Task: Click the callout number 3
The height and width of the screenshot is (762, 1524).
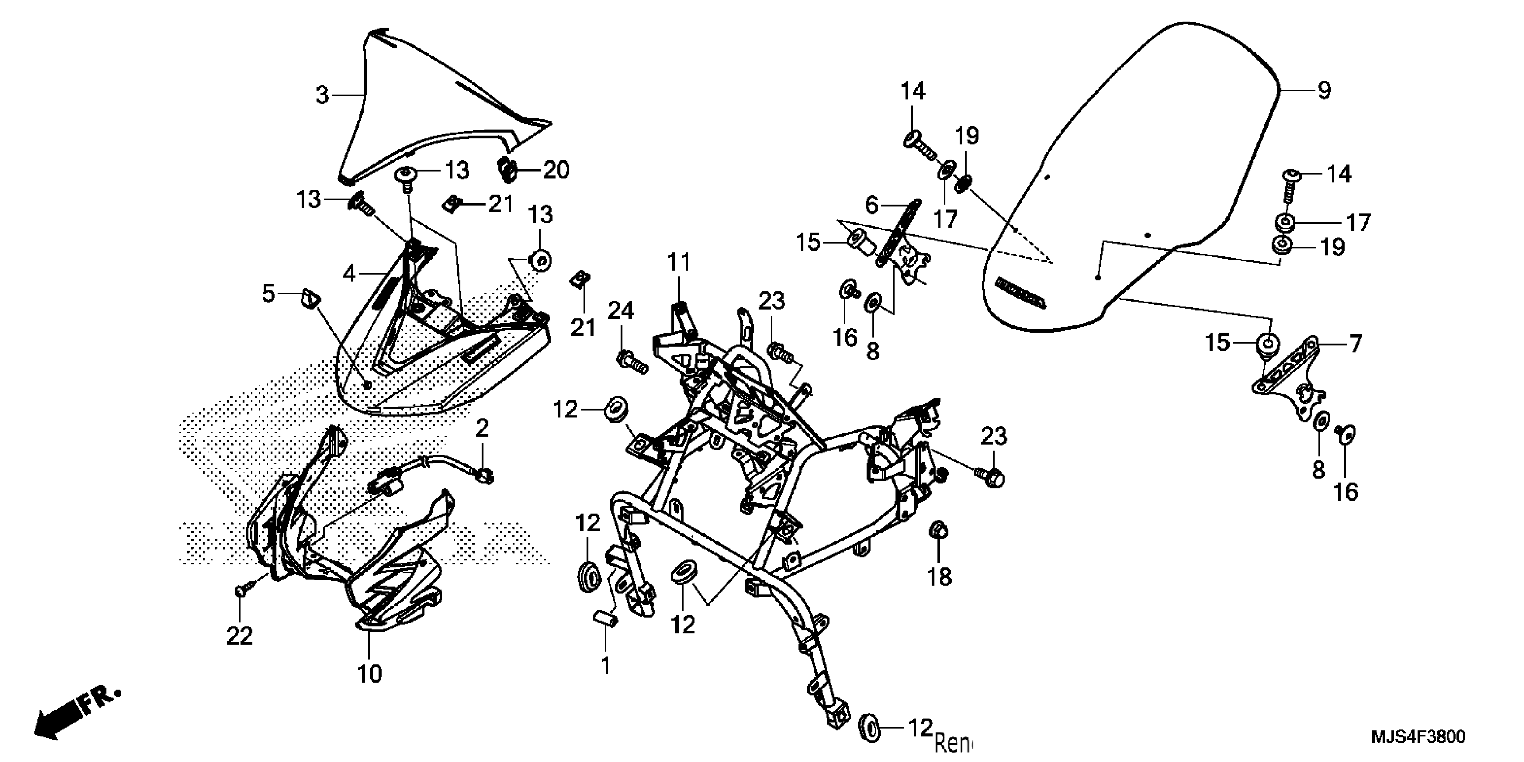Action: (322, 95)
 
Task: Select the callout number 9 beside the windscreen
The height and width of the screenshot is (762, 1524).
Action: (1324, 91)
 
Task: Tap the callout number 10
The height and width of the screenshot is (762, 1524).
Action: (370, 673)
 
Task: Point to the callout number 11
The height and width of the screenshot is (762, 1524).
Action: (679, 262)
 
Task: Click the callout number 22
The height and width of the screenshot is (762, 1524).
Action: (240, 636)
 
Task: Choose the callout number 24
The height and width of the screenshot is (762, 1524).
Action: (621, 311)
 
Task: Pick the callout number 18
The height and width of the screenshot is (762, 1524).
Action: (940, 577)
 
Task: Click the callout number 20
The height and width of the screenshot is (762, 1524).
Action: (556, 170)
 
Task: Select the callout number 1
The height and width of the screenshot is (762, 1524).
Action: (605, 666)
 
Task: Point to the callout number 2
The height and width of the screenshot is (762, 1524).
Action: (482, 428)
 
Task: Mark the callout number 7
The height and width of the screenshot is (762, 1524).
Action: (1355, 344)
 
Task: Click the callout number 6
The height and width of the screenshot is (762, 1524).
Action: (871, 205)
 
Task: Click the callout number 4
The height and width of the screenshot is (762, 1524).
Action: (349, 274)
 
